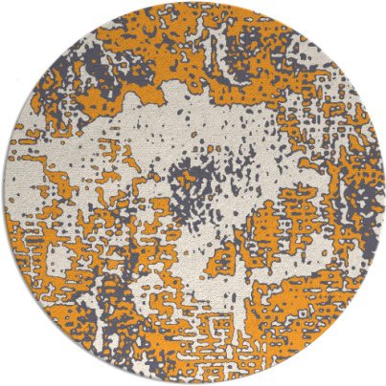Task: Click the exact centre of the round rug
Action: tap(193, 193)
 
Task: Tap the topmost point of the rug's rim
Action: tap(193, 2)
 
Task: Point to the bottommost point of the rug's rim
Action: tap(193, 384)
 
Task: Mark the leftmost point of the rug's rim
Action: tap(2, 193)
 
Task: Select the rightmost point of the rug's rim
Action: tap(384, 193)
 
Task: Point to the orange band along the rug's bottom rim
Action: tap(192, 368)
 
